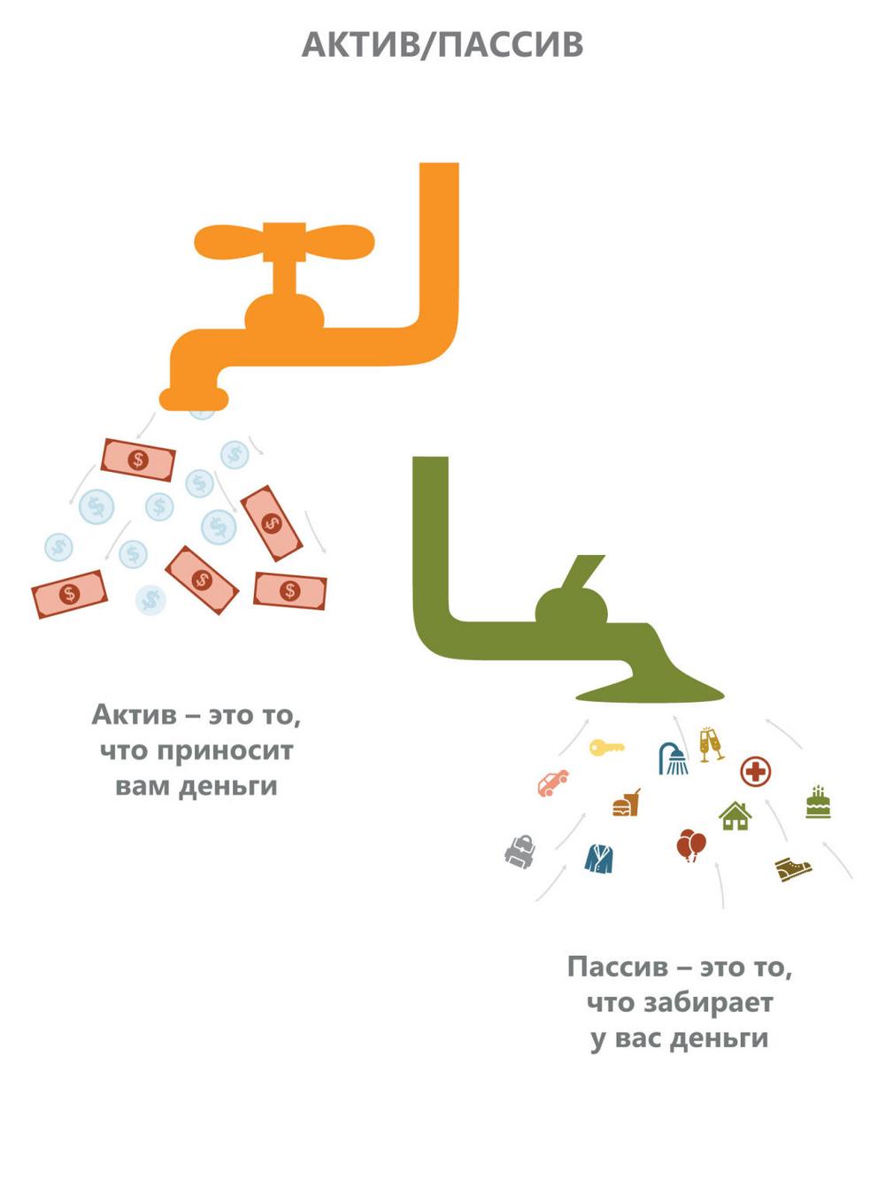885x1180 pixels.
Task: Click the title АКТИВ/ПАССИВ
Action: tap(442, 44)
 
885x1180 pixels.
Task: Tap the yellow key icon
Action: tap(606, 747)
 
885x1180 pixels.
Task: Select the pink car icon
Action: tap(553, 783)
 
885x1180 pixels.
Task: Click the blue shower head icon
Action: tap(673, 758)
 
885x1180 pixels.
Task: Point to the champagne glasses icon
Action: tap(712, 745)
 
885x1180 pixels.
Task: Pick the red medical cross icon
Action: tap(756, 772)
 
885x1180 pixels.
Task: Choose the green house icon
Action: tap(735, 815)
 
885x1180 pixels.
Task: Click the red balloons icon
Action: tap(691, 845)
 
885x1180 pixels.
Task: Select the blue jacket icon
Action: tap(600, 858)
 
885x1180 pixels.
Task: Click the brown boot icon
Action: tap(793, 869)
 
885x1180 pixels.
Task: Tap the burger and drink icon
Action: tap(627, 803)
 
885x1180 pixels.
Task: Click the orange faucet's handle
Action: tap(284, 242)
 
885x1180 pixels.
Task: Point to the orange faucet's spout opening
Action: tap(194, 400)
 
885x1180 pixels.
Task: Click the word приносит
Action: tap(224, 752)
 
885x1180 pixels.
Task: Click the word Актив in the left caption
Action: tap(135, 715)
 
